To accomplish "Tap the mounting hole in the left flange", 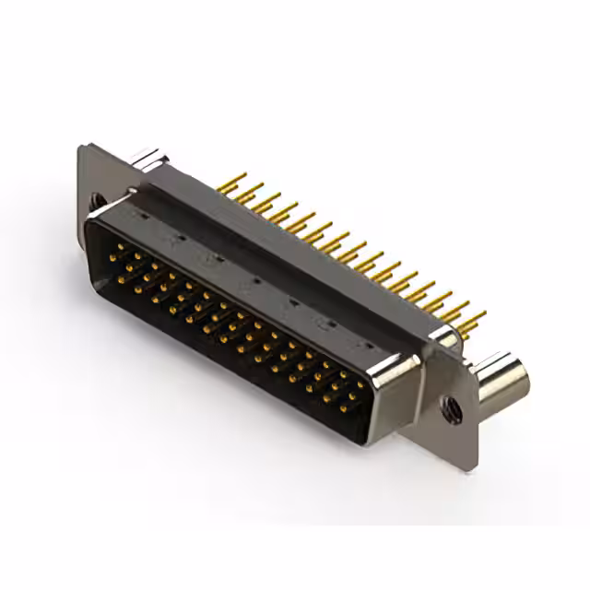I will coord(97,198).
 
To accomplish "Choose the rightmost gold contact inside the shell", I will coord(360,385).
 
